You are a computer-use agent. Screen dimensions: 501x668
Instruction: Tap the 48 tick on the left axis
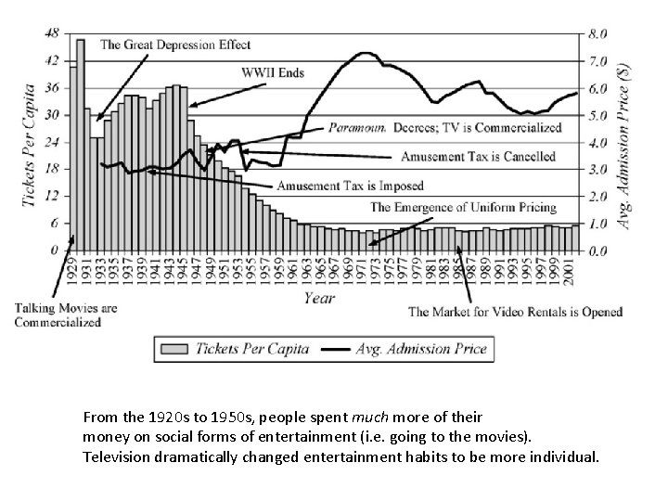click(x=53, y=32)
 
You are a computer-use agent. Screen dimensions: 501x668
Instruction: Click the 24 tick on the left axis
click(x=53, y=142)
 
